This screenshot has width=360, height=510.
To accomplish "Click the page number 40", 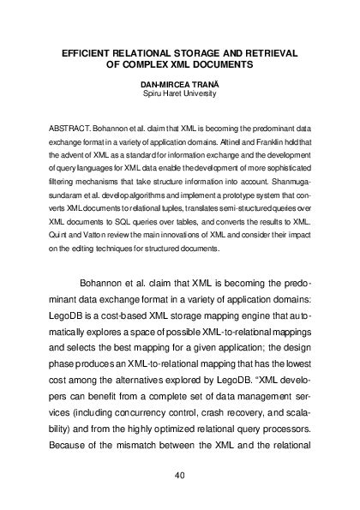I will [179, 475].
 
